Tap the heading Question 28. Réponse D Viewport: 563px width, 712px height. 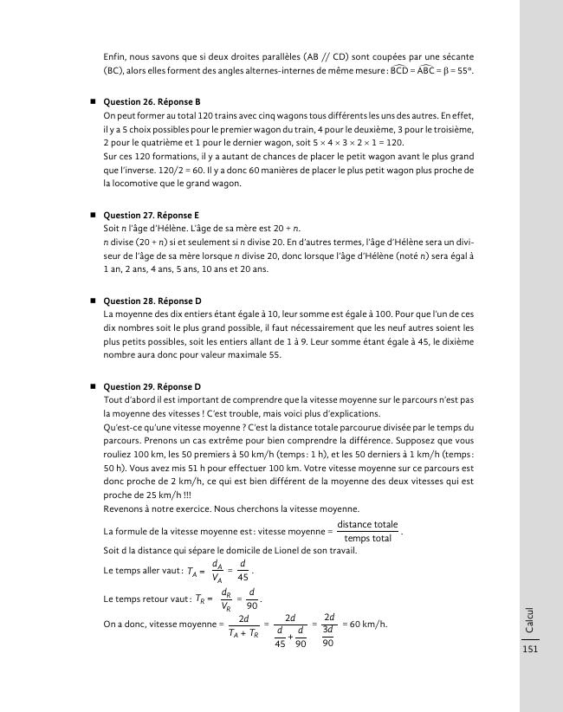(x=152, y=301)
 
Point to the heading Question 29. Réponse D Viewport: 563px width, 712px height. (x=152, y=386)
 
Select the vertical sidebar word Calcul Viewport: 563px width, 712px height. (x=530, y=618)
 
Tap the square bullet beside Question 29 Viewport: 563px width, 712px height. (x=92, y=386)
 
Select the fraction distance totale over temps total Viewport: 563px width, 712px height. (x=367, y=531)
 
